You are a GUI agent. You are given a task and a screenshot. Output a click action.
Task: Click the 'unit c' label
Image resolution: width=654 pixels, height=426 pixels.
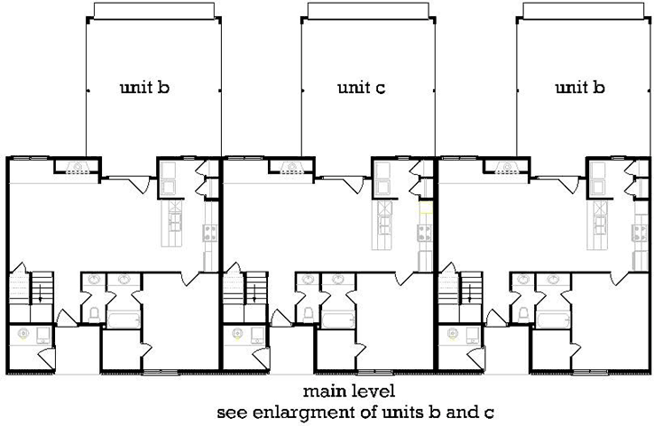tap(362, 88)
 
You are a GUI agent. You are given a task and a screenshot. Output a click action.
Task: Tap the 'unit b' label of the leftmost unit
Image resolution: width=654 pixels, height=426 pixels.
tap(145, 88)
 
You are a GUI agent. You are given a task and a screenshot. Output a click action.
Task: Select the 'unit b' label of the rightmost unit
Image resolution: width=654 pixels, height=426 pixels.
tap(579, 88)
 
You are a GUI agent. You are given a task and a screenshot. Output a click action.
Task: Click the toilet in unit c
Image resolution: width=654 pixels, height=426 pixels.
tap(309, 314)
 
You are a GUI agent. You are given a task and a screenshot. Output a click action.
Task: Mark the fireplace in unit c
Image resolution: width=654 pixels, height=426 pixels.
tap(292, 167)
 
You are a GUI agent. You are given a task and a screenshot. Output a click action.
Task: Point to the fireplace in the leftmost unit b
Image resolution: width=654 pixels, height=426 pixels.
tap(78, 167)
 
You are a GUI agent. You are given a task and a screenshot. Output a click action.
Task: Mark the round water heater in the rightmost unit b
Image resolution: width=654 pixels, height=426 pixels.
tap(454, 334)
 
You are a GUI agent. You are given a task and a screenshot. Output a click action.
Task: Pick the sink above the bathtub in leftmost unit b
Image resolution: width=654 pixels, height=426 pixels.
tap(122, 280)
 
